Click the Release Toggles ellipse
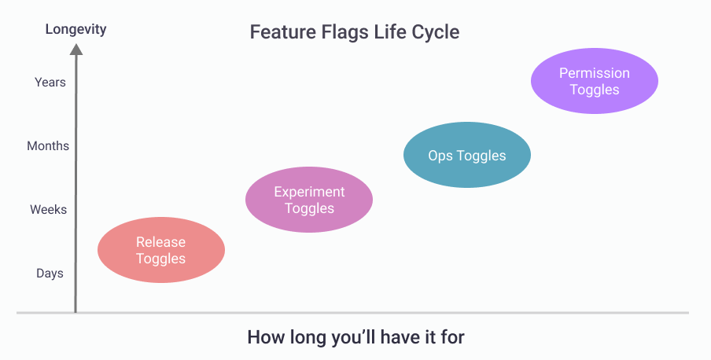pyautogui.click(x=161, y=250)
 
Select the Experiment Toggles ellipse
pyautogui.click(x=309, y=200)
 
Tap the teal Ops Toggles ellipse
pyautogui.click(x=467, y=156)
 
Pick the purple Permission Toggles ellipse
pyautogui.click(x=595, y=81)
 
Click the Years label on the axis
pyautogui.click(x=50, y=82)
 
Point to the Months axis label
pyautogui.click(x=48, y=146)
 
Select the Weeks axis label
pyautogui.click(x=48, y=210)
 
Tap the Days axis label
pyautogui.click(x=50, y=274)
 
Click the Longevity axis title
pyautogui.click(x=76, y=30)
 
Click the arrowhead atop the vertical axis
pyautogui.click(x=76, y=50)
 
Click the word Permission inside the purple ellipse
pyautogui.click(x=595, y=73)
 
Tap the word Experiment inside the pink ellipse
pyautogui.click(x=309, y=192)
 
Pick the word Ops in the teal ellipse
pyautogui.click(x=440, y=156)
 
